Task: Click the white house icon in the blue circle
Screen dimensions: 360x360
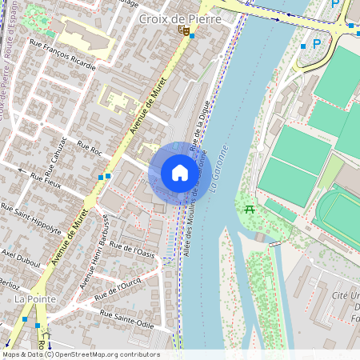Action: [x=180, y=173]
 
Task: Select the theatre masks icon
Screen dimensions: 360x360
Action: [x=184, y=31]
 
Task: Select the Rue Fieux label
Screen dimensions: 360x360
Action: [x=46, y=180]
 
